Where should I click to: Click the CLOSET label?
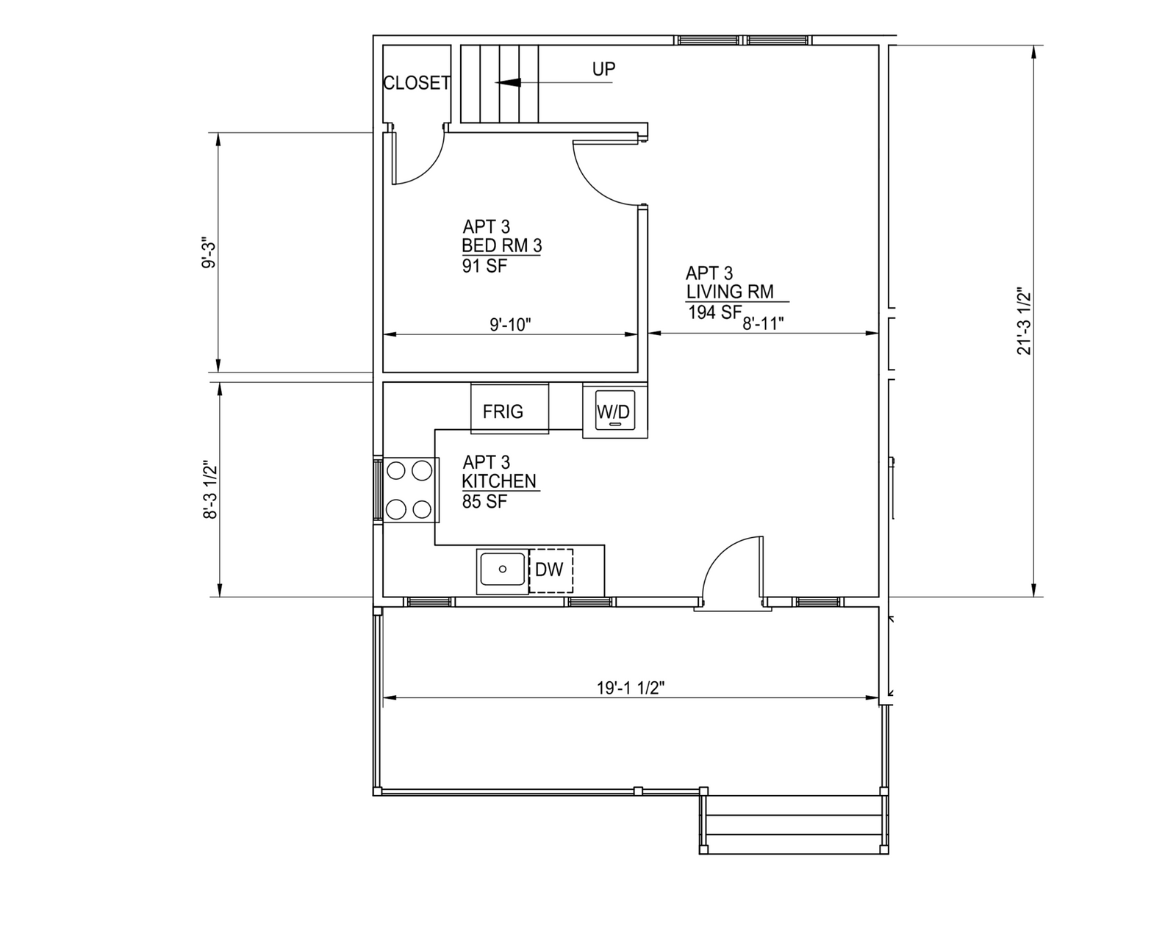coord(417,83)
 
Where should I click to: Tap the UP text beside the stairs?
coord(604,69)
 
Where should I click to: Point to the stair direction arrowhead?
coord(508,83)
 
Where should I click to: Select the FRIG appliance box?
coord(510,409)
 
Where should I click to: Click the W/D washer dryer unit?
coord(614,410)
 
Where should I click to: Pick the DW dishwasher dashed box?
coord(551,570)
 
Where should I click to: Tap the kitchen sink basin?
coord(503,569)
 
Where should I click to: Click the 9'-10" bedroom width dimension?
coord(510,325)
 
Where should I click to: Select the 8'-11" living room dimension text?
coord(763,323)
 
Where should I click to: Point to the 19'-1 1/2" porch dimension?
coord(631,688)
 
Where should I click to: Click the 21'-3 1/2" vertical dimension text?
coord(1024,321)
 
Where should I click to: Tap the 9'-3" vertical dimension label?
coord(209,253)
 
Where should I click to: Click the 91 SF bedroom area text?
coord(484,266)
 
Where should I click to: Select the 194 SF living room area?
coord(714,312)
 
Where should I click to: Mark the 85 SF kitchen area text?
coord(484,502)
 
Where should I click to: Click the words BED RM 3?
coord(502,246)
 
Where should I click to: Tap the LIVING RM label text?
coord(730,292)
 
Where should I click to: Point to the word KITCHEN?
coord(499,481)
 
